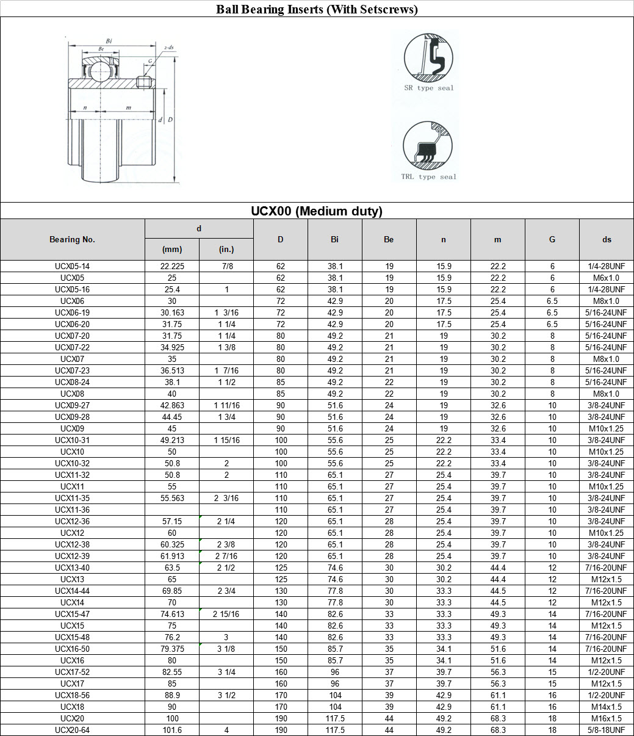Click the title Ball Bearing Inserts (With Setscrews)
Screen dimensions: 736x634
317,9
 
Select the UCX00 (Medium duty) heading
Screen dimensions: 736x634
317,211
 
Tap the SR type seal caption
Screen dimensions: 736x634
429,88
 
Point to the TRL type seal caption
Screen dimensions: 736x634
428,177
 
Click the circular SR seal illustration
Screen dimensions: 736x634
428,58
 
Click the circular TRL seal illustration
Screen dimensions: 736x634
427,146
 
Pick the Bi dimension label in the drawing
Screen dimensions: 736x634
109,41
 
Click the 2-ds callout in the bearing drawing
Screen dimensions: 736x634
169,47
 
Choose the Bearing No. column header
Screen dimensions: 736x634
73,240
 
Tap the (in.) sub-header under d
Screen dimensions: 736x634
226,249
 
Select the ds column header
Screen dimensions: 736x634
607,240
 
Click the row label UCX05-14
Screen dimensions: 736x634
73,267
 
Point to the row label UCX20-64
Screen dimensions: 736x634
73,731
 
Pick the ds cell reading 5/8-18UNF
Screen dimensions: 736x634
607,731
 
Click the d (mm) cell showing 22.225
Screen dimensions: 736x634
172,267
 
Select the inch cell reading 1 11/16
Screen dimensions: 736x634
226,406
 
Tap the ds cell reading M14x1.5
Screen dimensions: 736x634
607,707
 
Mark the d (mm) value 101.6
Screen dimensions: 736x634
172,731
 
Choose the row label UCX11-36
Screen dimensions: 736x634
73,510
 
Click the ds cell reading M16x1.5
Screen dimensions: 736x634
607,719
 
